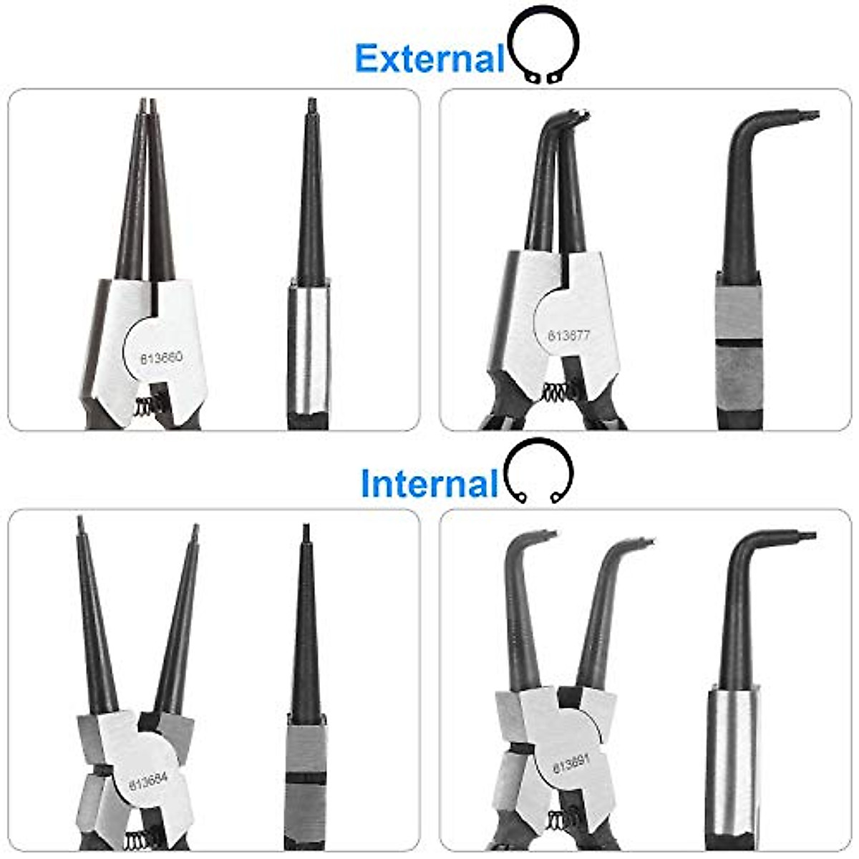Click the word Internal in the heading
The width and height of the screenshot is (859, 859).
point(429,484)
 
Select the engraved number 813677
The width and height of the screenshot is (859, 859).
point(570,334)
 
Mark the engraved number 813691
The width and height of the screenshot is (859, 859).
point(571,765)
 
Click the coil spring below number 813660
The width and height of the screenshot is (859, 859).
point(147,407)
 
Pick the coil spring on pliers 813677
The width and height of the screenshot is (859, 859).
point(555,392)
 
